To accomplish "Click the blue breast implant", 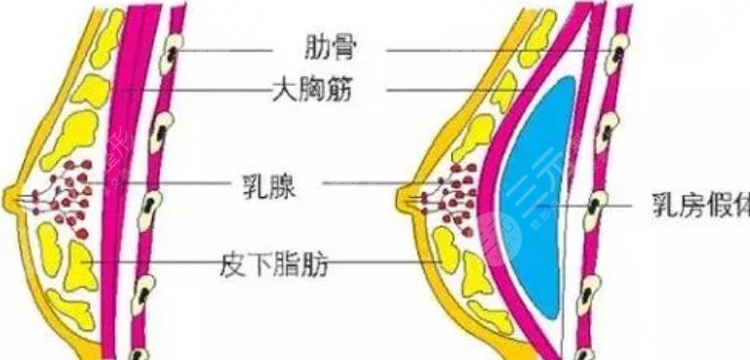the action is point(534,195).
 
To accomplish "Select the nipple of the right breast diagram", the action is point(405,199).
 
